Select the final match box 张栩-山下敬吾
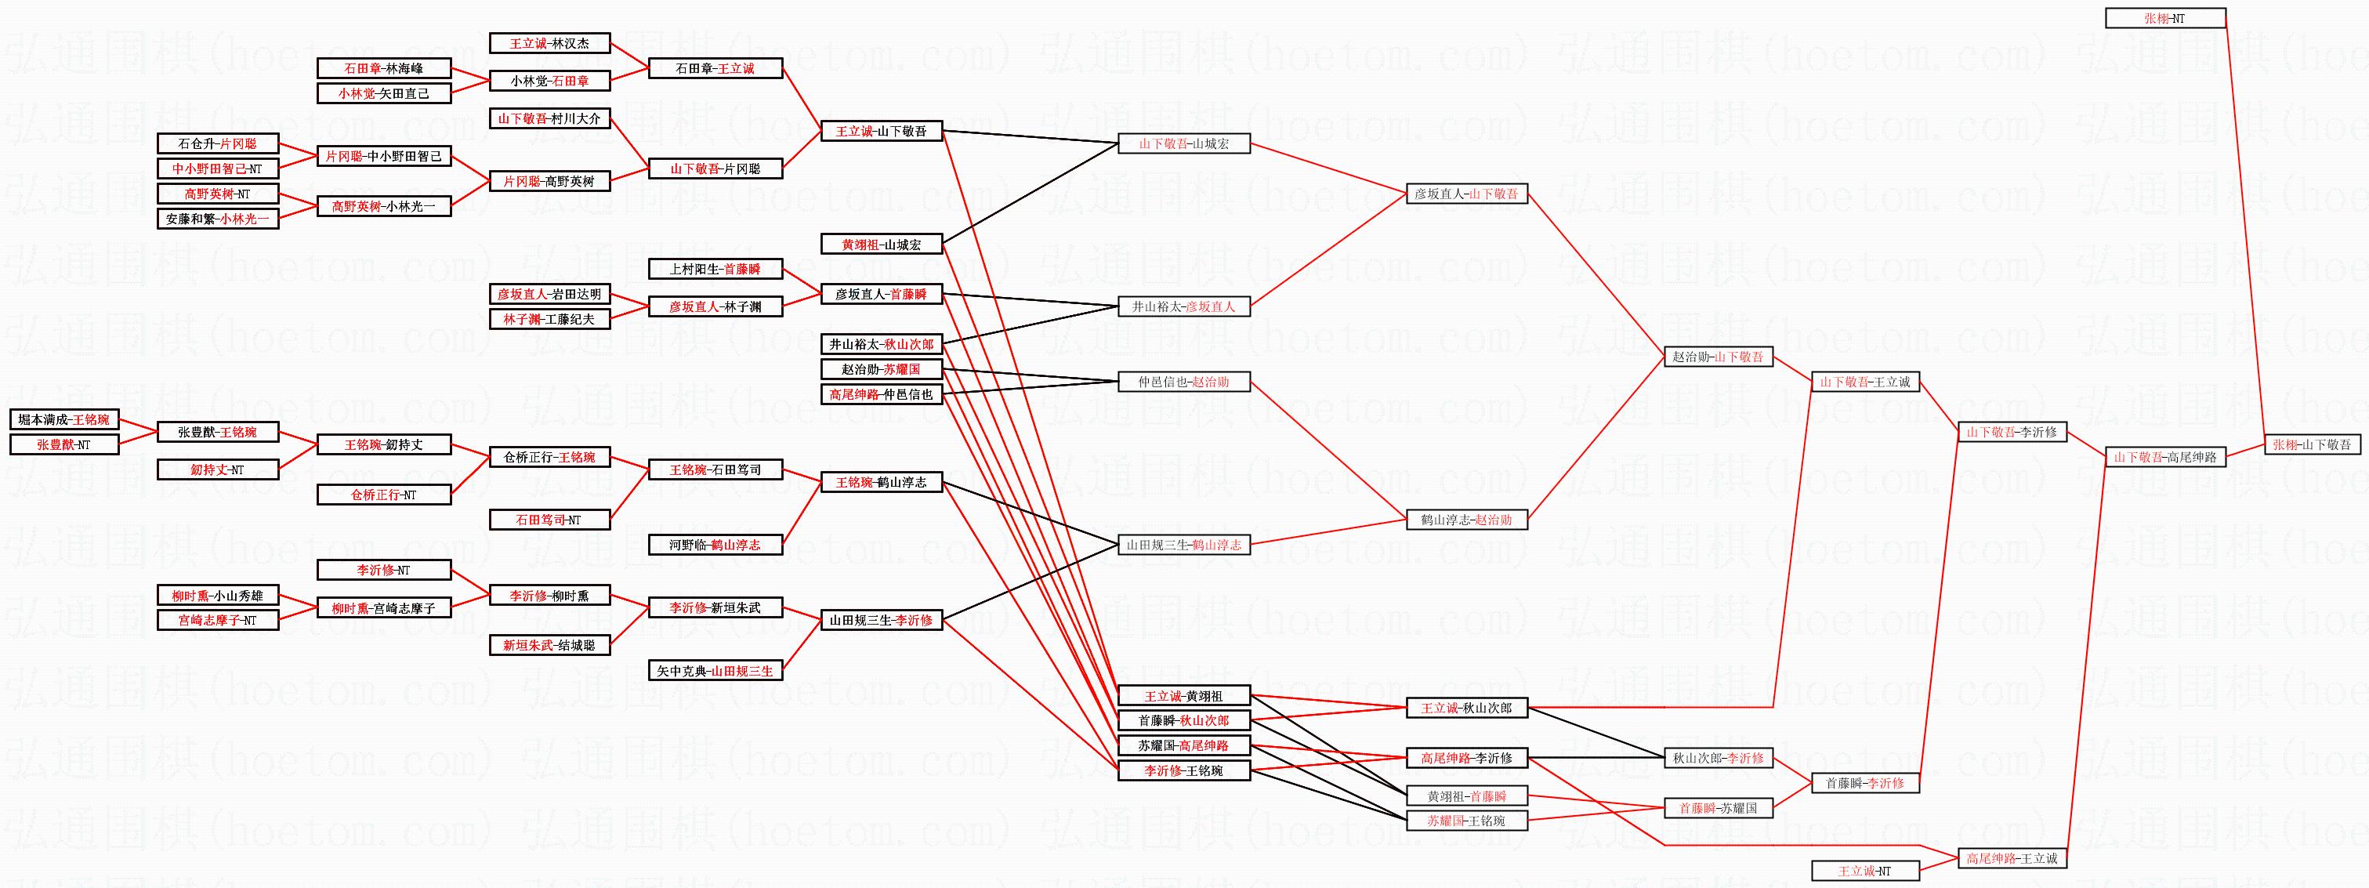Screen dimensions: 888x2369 pos(2310,444)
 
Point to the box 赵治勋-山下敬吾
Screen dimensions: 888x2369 pos(1718,357)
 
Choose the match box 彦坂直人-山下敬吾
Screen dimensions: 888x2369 pos(1466,194)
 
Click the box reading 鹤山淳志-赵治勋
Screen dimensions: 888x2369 pos(1466,520)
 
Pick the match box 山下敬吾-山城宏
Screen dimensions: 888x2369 pos(1183,143)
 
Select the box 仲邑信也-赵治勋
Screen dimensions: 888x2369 pos(1183,382)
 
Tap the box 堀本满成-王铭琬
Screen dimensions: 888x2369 pos(64,419)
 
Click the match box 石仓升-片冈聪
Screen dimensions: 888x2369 pos(217,143)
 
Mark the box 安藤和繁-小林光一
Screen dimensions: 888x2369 pos(217,219)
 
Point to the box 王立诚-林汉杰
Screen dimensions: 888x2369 pos(549,43)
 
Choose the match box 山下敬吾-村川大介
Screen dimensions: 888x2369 pos(549,118)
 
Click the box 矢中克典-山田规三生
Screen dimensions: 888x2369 pos(715,671)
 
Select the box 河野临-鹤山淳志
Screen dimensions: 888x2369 pos(715,545)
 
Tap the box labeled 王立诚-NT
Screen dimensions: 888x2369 pos(1864,871)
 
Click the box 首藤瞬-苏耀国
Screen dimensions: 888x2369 pos(1718,808)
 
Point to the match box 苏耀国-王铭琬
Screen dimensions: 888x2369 pos(1466,821)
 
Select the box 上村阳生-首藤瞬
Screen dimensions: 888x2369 pos(715,269)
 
